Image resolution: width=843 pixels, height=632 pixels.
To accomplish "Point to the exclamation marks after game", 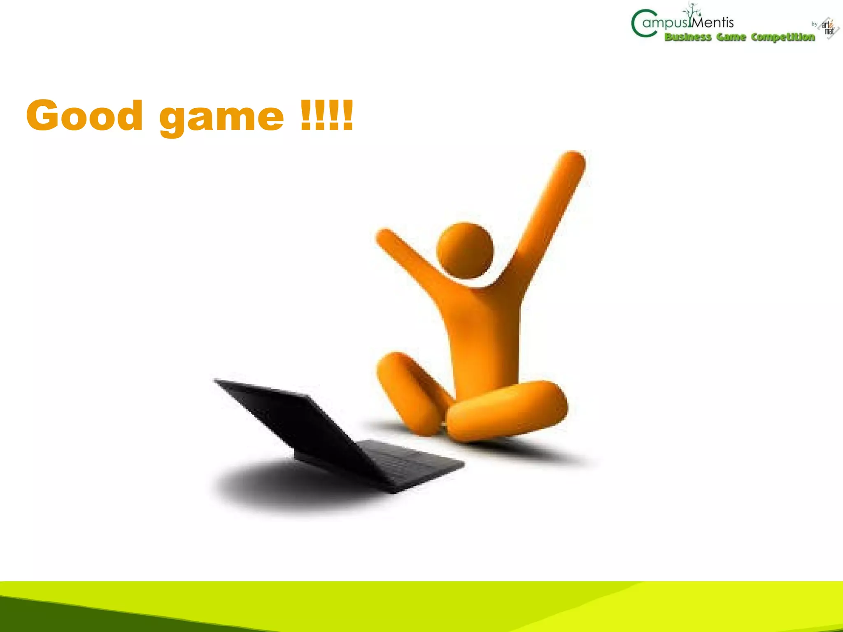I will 327,115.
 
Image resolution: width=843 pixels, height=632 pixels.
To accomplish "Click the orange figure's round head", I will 465,251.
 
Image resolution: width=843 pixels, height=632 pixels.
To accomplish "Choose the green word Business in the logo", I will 688,37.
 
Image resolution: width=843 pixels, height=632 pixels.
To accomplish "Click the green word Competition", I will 782,37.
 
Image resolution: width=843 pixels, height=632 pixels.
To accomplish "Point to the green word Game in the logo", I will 731,37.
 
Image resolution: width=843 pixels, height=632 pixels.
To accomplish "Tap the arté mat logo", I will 828,28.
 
